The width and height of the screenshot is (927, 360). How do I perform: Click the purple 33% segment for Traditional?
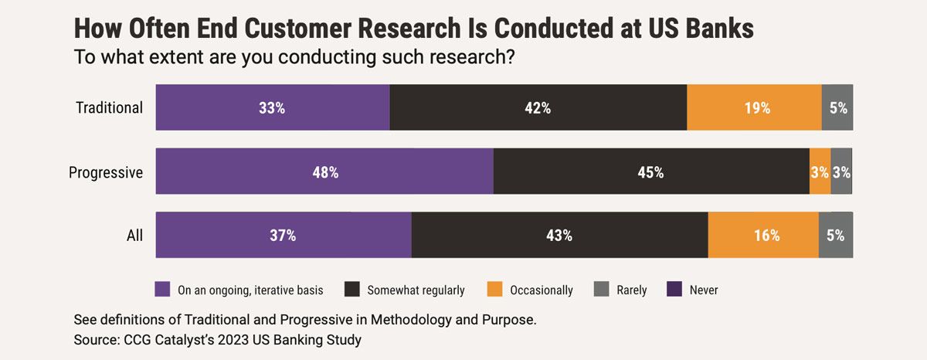[x=273, y=107]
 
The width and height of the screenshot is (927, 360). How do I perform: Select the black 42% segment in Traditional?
[x=538, y=107]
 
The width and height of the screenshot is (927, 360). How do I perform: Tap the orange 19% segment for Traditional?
[x=754, y=107]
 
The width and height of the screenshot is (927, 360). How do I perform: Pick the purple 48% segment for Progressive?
[x=324, y=172]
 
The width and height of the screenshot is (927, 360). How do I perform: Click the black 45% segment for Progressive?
[x=650, y=172]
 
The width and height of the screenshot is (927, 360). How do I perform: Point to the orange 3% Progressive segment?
[x=820, y=172]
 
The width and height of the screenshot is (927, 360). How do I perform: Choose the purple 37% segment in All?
[x=284, y=235]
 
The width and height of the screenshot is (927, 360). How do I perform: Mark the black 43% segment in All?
[x=559, y=235]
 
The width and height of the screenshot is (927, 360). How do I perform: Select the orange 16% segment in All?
[x=763, y=235]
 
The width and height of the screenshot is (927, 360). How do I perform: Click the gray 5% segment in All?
[x=836, y=235]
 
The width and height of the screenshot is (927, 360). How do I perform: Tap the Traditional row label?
[x=109, y=107]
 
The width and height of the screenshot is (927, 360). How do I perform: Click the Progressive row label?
[x=106, y=172]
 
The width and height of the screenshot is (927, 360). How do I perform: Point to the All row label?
[x=134, y=236]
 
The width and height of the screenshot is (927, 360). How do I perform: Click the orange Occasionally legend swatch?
[x=495, y=290]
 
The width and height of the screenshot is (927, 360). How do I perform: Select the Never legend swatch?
[x=674, y=290]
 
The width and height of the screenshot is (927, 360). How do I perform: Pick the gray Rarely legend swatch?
[x=602, y=290]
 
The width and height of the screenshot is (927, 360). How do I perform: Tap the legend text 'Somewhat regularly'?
[x=416, y=290]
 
